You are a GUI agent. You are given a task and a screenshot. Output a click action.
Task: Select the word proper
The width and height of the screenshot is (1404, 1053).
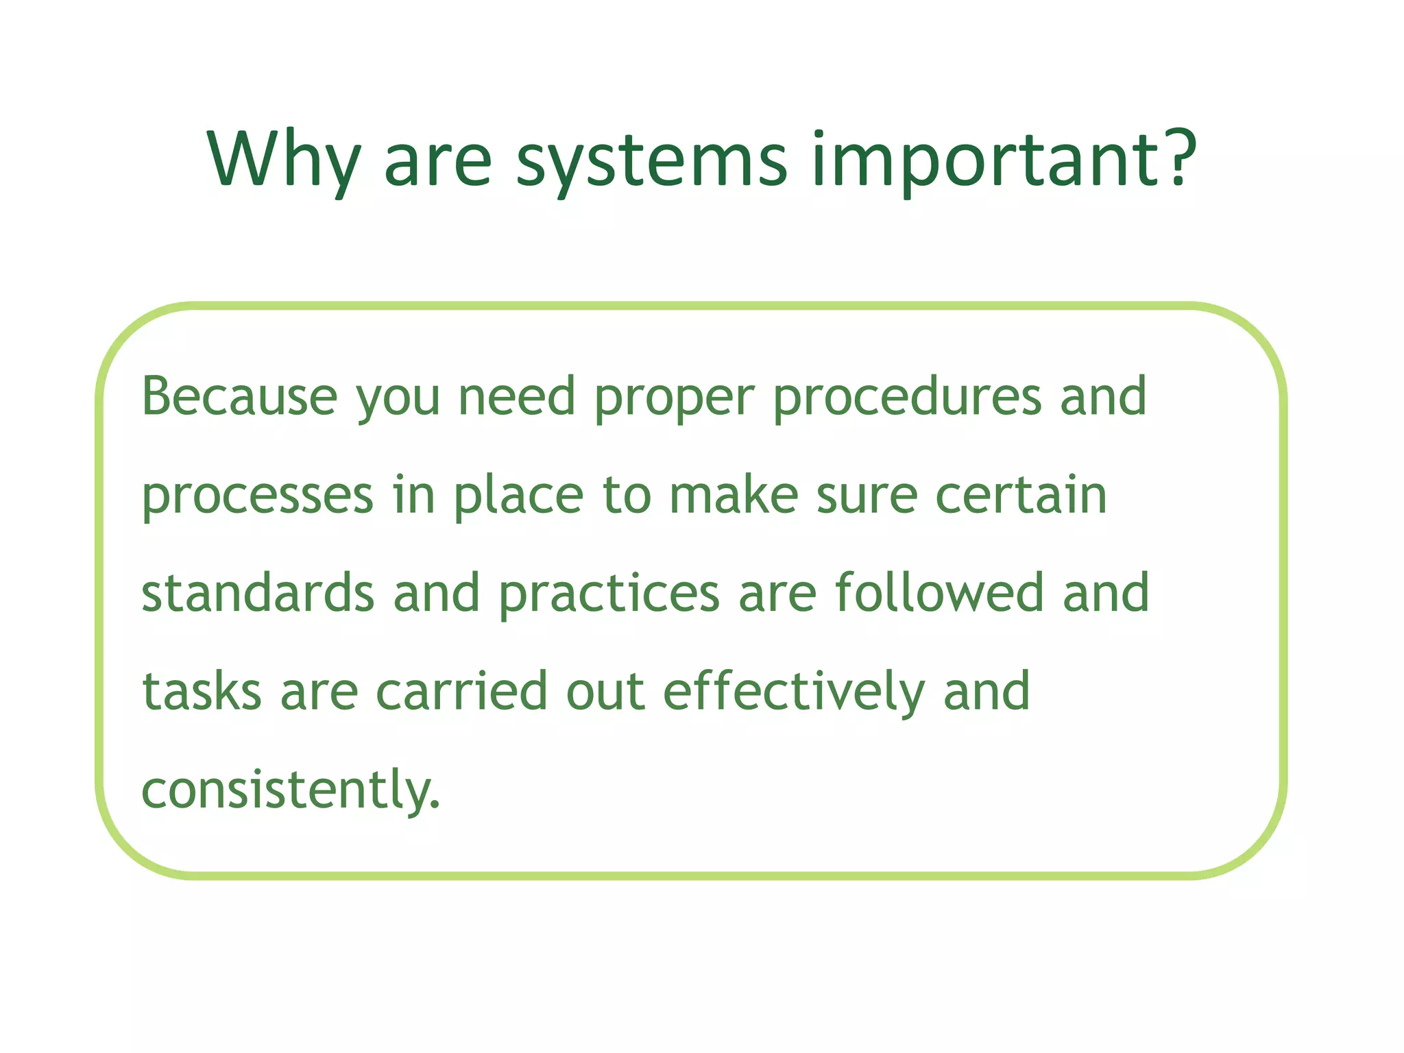(674, 401)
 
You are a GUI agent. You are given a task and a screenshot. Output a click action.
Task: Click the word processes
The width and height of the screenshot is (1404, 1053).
(258, 498)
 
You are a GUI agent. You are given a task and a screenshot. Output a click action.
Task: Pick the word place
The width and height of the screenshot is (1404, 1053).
(518, 496)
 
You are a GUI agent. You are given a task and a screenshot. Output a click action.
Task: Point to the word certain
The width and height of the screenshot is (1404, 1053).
(1021, 494)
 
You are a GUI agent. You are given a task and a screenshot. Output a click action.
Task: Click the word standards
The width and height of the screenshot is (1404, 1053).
(258, 593)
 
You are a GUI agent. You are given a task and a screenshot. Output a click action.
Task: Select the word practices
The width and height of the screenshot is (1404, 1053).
(609, 595)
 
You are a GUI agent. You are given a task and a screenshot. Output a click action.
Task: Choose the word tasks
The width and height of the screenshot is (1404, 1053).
(202, 692)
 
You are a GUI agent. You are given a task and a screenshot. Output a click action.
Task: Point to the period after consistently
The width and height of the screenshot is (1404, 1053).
(435, 806)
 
